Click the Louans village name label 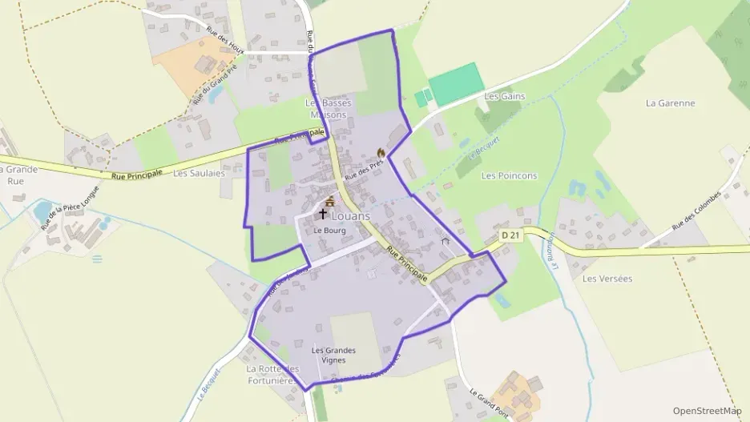(x=351, y=216)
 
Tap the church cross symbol (x=323, y=214)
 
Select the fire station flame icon (x=381, y=152)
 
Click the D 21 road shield (x=510, y=235)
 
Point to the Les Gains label (x=504, y=96)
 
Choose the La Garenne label (x=670, y=103)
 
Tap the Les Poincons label (x=509, y=175)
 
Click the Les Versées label (x=607, y=279)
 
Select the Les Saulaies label (x=199, y=172)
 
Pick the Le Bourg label (x=328, y=230)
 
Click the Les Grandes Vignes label (x=333, y=355)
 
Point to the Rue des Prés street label (x=363, y=167)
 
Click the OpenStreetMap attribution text (x=707, y=411)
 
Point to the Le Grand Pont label (x=489, y=405)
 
